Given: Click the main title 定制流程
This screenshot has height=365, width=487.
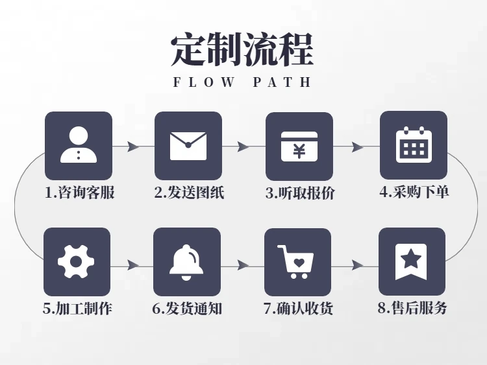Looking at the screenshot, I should [242, 49].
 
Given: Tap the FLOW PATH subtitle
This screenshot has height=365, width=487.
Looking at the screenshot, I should [242, 83].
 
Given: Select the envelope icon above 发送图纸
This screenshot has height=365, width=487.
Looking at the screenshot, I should [188, 146].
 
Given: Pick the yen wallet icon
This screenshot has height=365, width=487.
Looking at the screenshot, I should [299, 147].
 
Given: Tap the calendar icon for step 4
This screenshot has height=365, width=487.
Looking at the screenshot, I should [414, 145].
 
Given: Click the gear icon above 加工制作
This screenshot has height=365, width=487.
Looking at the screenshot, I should [76, 262].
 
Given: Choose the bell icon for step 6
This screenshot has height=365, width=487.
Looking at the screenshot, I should [186, 262].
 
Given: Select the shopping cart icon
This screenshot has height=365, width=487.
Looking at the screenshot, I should [297, 262].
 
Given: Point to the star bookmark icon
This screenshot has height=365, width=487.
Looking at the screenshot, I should [412, 261].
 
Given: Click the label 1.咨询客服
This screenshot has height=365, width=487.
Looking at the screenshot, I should [79, 193].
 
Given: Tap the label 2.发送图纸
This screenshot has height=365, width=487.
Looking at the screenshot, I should [189, 193].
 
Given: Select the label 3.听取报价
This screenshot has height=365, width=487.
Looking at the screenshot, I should [300, 193].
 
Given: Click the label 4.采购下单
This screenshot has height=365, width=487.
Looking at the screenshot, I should [414, 192].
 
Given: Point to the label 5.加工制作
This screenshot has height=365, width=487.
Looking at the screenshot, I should [77, 309].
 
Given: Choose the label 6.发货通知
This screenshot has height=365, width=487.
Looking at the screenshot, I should [187, 309].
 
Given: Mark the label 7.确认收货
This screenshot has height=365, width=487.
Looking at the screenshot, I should [298, 309].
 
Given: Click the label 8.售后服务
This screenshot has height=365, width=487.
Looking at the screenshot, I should [412, 308].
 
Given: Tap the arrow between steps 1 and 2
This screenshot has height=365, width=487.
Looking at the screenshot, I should [133, 147].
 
